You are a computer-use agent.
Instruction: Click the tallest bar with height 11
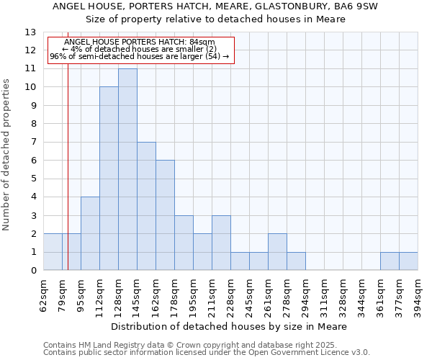127,169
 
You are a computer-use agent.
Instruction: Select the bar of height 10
109,179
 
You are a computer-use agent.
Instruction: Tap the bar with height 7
146,206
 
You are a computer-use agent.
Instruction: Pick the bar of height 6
165,215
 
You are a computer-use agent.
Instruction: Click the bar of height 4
90,233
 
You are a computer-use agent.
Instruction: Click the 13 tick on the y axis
30,32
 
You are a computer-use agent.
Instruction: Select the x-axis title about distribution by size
231,326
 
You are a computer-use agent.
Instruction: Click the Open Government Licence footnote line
207,353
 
